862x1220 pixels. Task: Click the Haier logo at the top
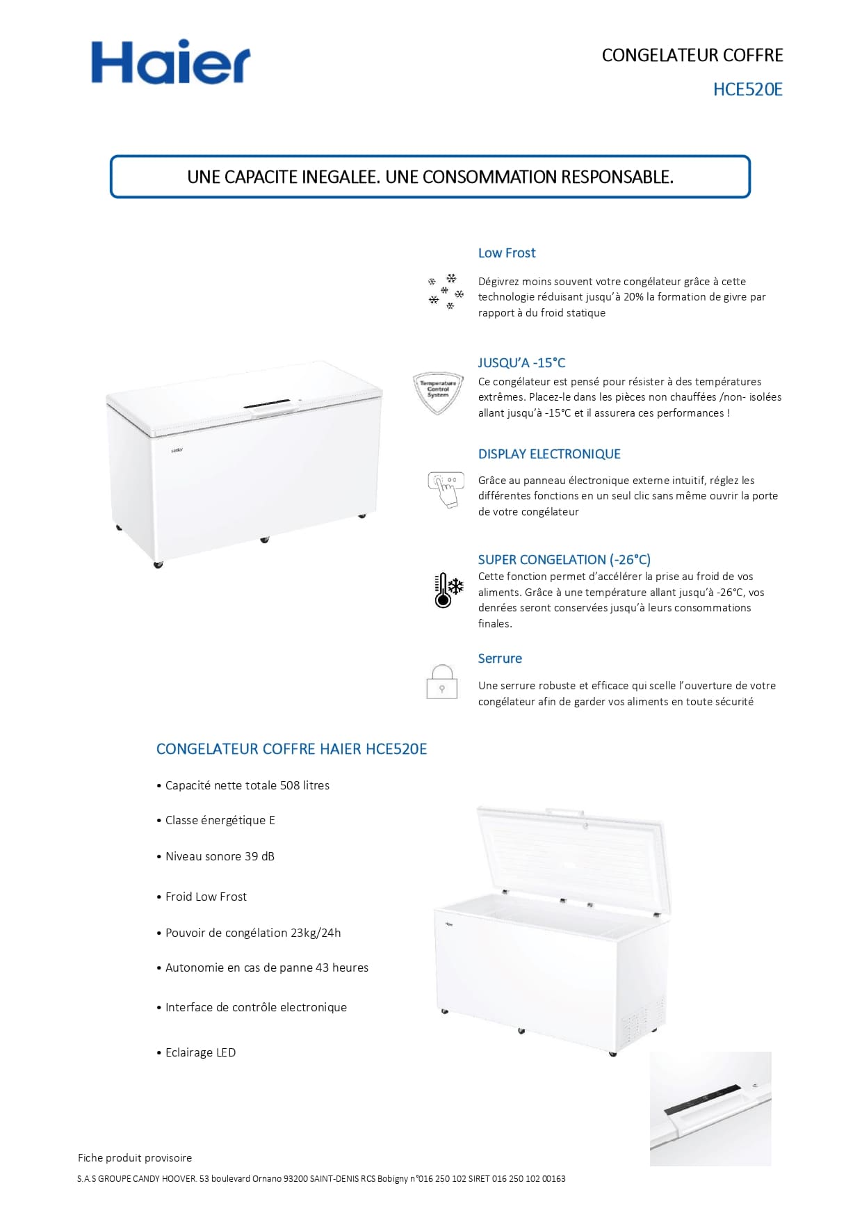(170, 62)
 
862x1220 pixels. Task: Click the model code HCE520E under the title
(747, 89)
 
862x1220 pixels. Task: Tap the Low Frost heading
(506, 253)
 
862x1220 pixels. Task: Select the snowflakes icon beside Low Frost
(445, 291)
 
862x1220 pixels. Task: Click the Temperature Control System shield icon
(438, 392)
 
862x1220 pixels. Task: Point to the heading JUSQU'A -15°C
(521, 362)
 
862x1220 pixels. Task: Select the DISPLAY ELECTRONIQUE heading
(549, 454)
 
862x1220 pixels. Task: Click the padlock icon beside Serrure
(441, 682)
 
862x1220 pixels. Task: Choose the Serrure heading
(499, 659)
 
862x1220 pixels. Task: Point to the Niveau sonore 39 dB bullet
(220, 856)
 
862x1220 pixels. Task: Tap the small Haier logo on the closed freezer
(177, 451)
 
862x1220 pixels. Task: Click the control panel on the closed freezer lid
(267, 405)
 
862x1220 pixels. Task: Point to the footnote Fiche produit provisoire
(135, 1158)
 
